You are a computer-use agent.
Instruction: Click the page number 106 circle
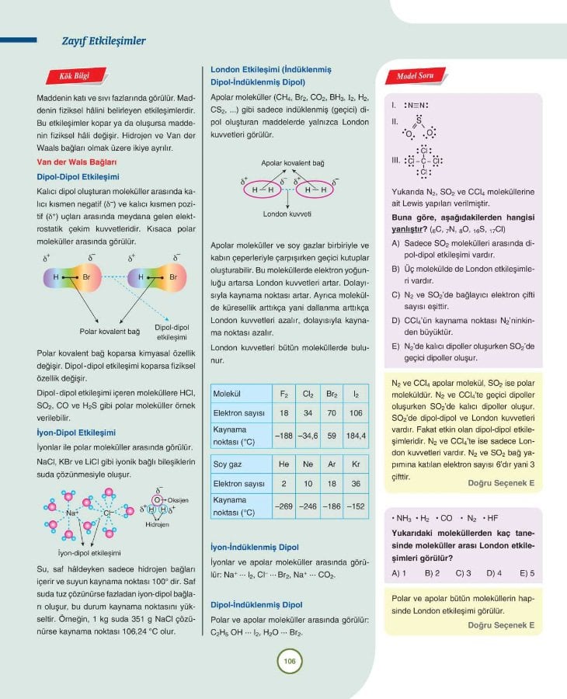coord(287,662)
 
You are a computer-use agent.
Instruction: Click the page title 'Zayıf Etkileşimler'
coord(103,41)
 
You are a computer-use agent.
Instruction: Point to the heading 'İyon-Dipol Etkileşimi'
coord(76,433)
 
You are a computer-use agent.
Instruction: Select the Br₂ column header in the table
coord(331,394)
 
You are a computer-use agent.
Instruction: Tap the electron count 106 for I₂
coord(357,413)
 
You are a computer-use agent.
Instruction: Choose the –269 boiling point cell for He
coord(284,506)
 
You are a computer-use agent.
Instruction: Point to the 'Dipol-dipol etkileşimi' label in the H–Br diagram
coord(173,332)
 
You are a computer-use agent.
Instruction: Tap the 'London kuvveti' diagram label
coord(287,213)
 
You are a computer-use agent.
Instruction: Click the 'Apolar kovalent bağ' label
coord(293,165)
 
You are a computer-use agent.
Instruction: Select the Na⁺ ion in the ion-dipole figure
coord(73,513)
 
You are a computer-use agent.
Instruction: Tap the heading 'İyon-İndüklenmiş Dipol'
coord(255,547)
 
